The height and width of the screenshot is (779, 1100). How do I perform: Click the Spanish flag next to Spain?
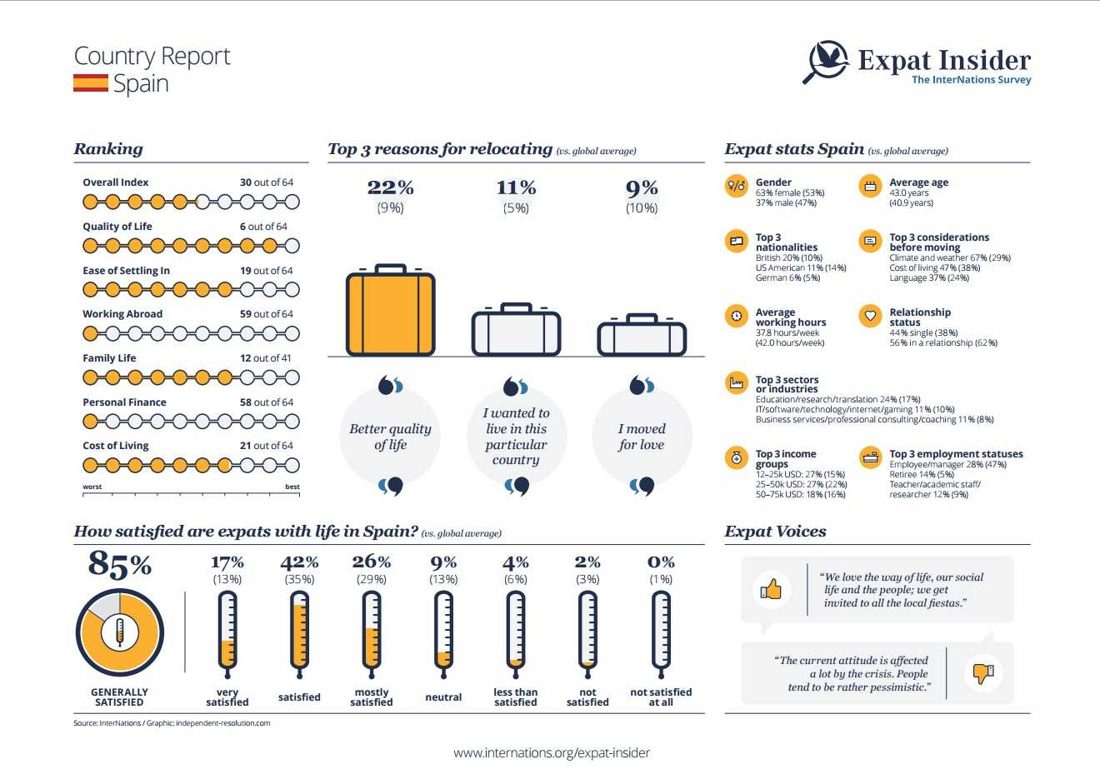(91, 83)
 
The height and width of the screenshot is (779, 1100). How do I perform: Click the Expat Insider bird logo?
(826, 61)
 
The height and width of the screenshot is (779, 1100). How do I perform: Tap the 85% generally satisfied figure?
(120, 564)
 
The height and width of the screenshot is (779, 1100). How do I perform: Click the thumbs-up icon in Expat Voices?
(772, 590)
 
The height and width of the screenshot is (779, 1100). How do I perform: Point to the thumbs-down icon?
(983, 672)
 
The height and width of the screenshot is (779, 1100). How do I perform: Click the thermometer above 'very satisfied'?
(227, 633)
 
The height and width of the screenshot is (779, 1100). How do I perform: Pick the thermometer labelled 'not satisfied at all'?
(661, 633)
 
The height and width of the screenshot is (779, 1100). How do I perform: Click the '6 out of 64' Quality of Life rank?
(263, 227)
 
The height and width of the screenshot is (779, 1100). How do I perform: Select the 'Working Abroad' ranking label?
(122, 314)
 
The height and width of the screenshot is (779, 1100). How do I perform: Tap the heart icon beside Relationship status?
(870, 316)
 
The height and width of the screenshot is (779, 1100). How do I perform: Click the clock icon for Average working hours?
(736, 316)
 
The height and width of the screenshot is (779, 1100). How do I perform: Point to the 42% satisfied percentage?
(299, 562)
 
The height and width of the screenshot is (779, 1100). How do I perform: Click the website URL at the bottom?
(552, 752)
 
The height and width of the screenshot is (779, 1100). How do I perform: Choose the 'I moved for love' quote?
(642, 437)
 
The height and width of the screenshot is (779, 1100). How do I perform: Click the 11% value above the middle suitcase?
(516, 187)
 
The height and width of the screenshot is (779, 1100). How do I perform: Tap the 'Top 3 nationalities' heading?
(786, 242)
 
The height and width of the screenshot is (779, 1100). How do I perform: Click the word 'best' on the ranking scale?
(292, 487)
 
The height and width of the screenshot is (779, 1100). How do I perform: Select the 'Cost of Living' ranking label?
(116, 446)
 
